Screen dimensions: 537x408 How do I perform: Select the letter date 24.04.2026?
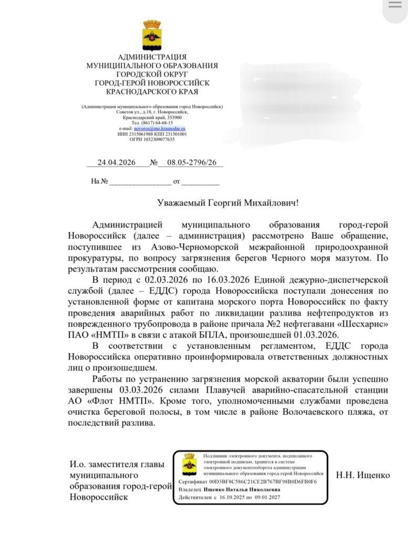(117, 163)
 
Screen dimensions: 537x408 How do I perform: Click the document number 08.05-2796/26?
(192, 163)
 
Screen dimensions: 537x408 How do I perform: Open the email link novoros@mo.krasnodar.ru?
(160, 128)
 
